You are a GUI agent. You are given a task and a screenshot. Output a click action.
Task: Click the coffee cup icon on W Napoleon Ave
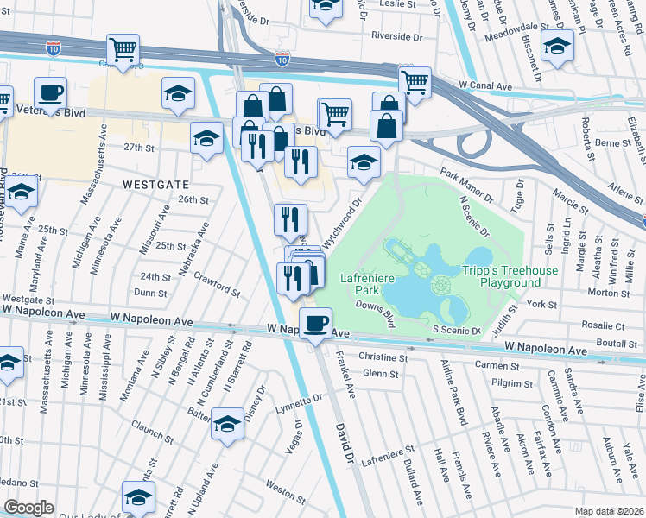point(315,324)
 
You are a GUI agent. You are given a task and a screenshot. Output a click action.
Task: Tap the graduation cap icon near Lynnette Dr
point(228,425)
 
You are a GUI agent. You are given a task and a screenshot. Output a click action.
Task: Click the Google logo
point(29,507)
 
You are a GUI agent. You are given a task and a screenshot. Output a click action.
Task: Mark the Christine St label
point(383,357)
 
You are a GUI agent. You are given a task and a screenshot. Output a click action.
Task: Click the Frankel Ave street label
point(345,380)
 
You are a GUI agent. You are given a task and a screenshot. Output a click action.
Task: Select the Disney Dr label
point(254,400)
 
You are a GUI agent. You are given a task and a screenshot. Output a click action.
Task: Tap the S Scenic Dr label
point(456,331)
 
